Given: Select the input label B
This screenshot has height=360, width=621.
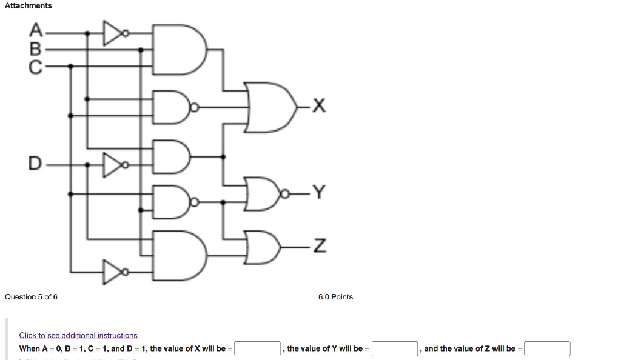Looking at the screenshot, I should coord(36,48).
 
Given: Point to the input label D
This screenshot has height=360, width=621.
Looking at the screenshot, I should coord(35,164).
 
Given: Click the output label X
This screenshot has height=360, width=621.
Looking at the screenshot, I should coord(320,108).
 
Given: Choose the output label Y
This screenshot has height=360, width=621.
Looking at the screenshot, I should coord(320,193).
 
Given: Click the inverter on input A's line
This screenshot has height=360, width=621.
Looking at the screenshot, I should coord(113,33).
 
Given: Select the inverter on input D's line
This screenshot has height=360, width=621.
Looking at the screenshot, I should coord(113,164).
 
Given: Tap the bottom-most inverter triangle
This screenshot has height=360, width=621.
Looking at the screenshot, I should coord(113,272).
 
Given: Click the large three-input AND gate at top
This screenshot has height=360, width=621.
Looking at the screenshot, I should coord(178,48).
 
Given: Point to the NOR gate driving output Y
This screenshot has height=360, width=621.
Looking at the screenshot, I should coord(263,194).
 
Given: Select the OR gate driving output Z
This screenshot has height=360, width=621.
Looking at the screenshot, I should coord(263,247).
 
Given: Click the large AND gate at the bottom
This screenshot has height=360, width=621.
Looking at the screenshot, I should coord(178,255).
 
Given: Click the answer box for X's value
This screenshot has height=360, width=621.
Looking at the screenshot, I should coord(257,349).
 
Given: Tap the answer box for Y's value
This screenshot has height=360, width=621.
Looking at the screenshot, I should coord(395,349).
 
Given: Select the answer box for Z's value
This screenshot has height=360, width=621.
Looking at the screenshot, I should coord(547,349).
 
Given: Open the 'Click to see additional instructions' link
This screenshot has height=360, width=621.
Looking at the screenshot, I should coord(78,335).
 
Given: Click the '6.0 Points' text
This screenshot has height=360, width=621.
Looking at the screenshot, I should coord(335,297).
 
